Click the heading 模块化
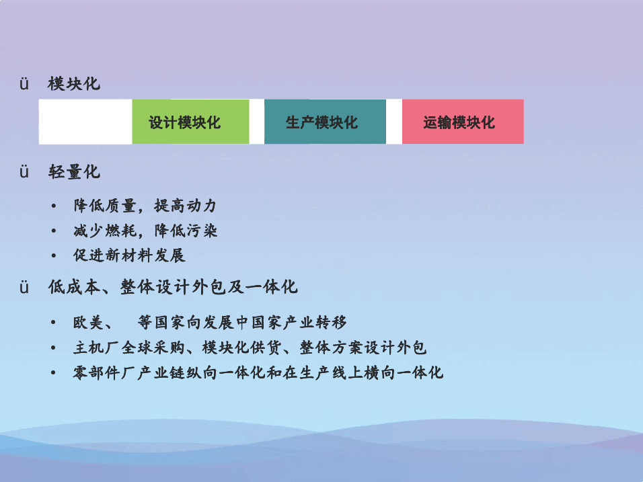pyautogui.click(x=74, y=83)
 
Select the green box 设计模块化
pyautogui.click(x=191, y=122)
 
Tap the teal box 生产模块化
pyautogui.click(x=325, y=122)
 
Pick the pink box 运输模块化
pyautogui.click(x=463, y=122)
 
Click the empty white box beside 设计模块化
pyautogui.click(x=85, y=122)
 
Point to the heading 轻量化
pyautogui.click(x=74, y=171)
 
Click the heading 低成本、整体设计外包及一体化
pyautogui.click(x=173, y=287)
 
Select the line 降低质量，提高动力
pyautogui.click(x=145, y=206)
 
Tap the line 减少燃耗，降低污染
pyautogui.click(x=145, y=231)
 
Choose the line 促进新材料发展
pyautogui.click(x=129, y=255)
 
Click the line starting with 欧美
pyautogui.click(x=210, y=323)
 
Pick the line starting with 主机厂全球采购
pyautogui.click(x=250, y=348)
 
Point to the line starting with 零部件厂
pyautogui.click(x=258, y=372)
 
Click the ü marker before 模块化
pyautogui.click(x=24, y=84)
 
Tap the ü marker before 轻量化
pyautogui.click(x=24, y=171)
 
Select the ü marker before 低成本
pyautogui.click(x=24, y=287)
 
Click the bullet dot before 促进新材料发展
pyautogui.click(x=53, y=255)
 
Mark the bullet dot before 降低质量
pyautogui.click(x=53, y=206)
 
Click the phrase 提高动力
pyautogui.click(x=186, y=206)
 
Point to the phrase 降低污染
pyautogui.click(x=186, y=231)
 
